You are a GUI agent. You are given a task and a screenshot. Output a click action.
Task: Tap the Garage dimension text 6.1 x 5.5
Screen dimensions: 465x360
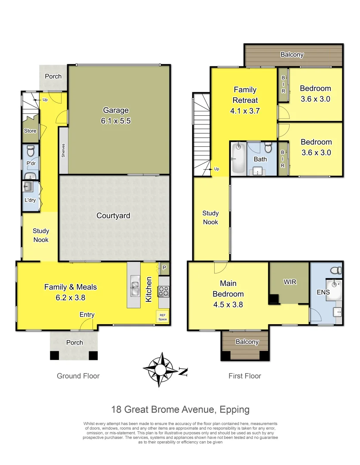click(116, 121)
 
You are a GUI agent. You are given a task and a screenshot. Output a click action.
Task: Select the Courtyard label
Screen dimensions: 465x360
click(113, 216)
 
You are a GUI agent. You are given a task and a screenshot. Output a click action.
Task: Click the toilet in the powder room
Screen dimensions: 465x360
click(31, 152)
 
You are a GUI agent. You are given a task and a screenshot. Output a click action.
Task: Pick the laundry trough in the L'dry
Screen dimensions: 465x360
click(29, 187)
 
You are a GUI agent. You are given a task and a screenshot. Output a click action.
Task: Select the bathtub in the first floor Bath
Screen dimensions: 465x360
click(237, 158)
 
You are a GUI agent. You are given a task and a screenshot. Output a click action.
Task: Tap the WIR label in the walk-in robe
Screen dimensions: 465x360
click(290, 282)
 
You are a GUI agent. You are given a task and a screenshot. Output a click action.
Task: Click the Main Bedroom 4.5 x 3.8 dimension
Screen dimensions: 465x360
click(231, 304)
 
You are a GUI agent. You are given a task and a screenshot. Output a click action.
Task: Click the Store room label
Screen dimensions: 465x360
click(30, 131)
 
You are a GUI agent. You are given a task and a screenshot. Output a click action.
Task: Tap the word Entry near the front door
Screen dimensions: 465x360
click(87, 315)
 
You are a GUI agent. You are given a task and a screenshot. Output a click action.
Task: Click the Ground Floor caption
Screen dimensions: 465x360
click(78, 376)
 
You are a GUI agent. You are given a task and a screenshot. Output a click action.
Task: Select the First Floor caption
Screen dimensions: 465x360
click(245, 376)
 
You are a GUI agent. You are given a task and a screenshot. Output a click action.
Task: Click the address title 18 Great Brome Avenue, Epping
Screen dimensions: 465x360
click(180, 409)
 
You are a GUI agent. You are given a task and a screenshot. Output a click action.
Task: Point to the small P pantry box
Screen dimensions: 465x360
click(164, 268)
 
